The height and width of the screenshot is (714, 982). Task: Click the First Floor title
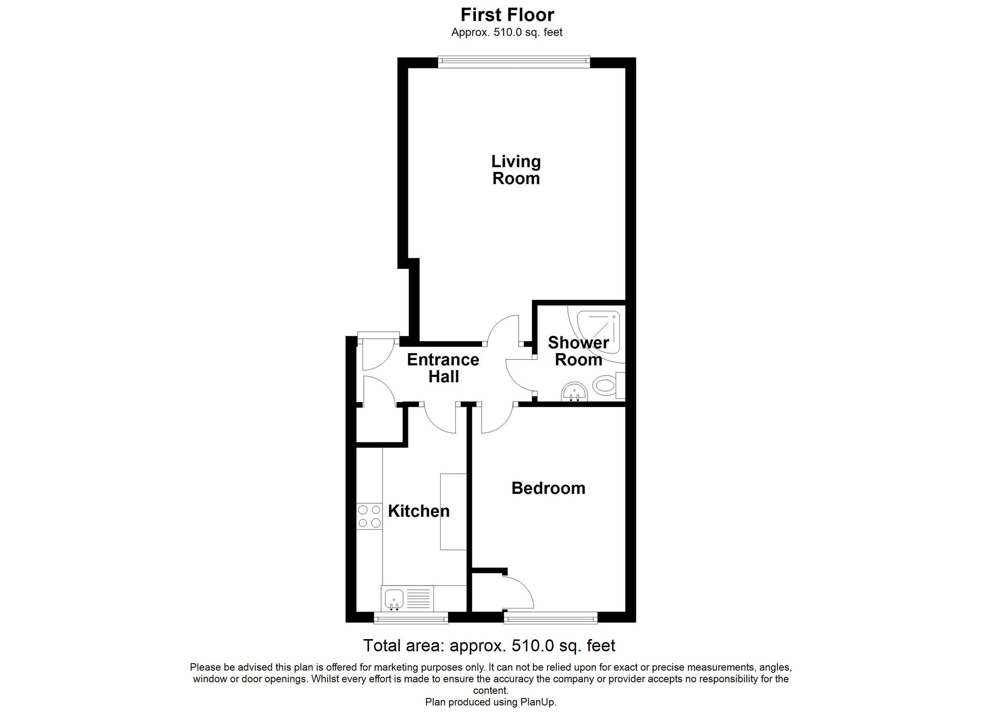pyautogui.click(x=507, y=15)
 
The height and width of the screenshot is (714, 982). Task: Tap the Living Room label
pyautogui.click(x=516, y=170)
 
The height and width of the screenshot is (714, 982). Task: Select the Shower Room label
pyautogui.click(x=579, y=351)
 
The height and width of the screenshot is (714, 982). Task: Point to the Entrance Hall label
pyautogui.click(x=443, y=368)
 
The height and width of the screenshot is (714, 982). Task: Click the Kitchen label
pyautogui.click(x=419, y=511)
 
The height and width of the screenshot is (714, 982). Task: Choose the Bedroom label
pyautogui.click(x=548, y=488)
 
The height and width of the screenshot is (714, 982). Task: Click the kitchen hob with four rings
pyautogui.click(x=369, y=516)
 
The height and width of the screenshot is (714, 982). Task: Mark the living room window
pyautogui.click(x=514, y=62)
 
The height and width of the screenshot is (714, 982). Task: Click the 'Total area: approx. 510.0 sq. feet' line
pyautogui.click(x=489, y=646)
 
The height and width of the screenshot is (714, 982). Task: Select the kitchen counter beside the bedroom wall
pyautogui.click(x=453, y=511)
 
